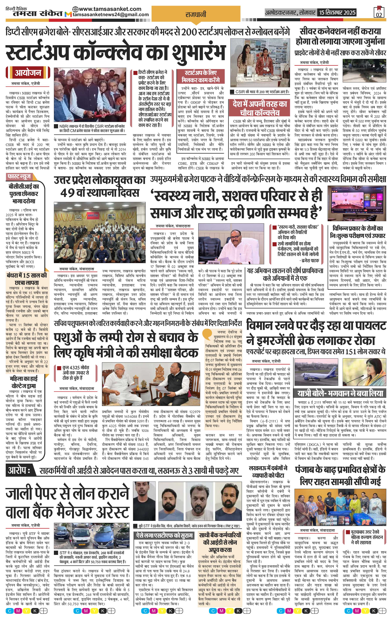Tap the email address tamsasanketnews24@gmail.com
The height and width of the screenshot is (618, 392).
[111, 15]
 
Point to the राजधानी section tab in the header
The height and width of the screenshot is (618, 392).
[196, 14]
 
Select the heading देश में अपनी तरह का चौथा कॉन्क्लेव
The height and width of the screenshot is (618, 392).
[259, 109]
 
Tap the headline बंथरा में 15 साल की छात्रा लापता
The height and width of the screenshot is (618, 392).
[27, 279]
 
